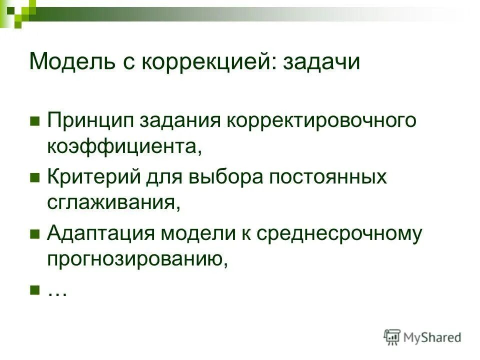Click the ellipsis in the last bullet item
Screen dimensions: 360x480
click(58, 290)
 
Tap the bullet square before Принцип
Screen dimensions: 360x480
click(34, 121)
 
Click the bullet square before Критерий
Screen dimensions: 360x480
click(34, 177)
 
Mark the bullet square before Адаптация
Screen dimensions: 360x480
click(34, 234)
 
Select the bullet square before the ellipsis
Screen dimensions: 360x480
click(34, 290)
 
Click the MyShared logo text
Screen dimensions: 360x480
click(432, 337)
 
